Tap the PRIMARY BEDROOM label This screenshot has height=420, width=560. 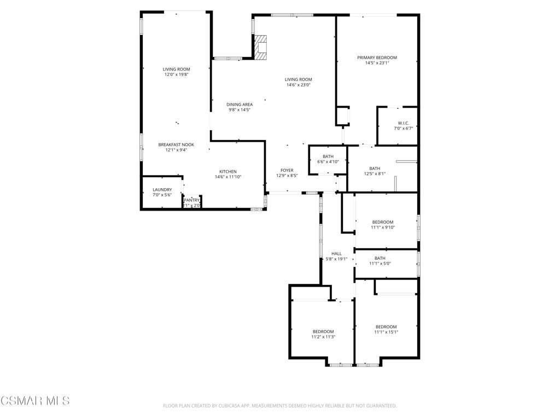[x=377, y=57]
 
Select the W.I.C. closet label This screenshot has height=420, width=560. [x=404, y=123]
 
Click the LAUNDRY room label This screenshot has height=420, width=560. [x=162, y=190]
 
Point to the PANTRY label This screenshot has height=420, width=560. [x=191, y=201]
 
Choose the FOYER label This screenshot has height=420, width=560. [x=287, y=171]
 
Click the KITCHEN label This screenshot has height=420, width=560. [x=228, y=171]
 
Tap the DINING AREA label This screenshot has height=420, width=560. [x=240, y=104]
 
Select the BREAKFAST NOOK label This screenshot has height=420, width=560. [x=176, y=145]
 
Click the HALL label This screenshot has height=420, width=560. [x=336, y=254]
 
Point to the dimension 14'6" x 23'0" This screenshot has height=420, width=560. [x=298, y=85]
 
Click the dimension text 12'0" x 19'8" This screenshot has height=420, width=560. [x=176, y=74]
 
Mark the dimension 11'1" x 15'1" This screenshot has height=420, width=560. [x=386, y=332]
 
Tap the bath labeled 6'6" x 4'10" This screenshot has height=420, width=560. [x=328, y=157]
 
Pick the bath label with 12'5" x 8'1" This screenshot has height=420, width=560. [x=375, y=168]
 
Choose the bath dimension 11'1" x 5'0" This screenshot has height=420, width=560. [x=380, y=264]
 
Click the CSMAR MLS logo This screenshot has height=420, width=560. [x=35, y=401]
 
